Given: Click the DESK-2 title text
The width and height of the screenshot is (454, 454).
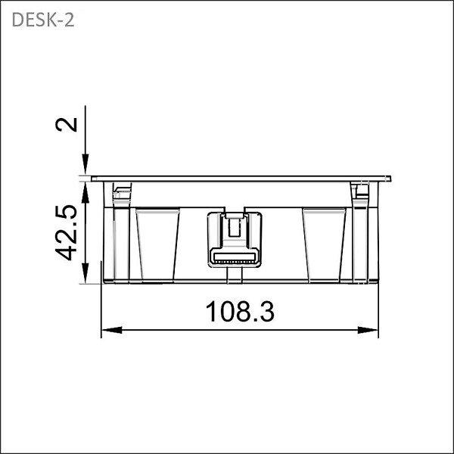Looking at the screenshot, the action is point(43,20).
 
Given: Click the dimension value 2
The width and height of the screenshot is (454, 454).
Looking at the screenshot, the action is point(67,125).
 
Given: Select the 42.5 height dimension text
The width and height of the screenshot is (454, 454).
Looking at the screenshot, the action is point(67,232).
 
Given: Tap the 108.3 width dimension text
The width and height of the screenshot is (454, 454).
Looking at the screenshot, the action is point(240,311).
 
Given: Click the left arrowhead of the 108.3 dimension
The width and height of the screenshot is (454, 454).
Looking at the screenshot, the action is point(112,330).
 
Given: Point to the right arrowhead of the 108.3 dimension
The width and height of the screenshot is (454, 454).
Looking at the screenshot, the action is point(368,330).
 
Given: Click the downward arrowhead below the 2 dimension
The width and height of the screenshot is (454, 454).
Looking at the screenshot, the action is point(85,164).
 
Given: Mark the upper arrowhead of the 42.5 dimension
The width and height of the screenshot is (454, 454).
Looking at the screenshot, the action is point(85,192).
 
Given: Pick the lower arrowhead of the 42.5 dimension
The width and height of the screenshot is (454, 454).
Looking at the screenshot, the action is point(85,273).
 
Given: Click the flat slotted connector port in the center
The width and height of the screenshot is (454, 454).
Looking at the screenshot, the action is point(235,257).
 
